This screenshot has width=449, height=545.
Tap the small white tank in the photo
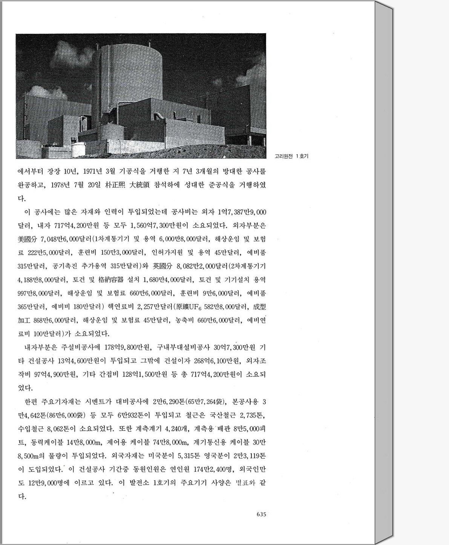coord(78,146)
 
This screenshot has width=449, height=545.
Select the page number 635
coord(261,514)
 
